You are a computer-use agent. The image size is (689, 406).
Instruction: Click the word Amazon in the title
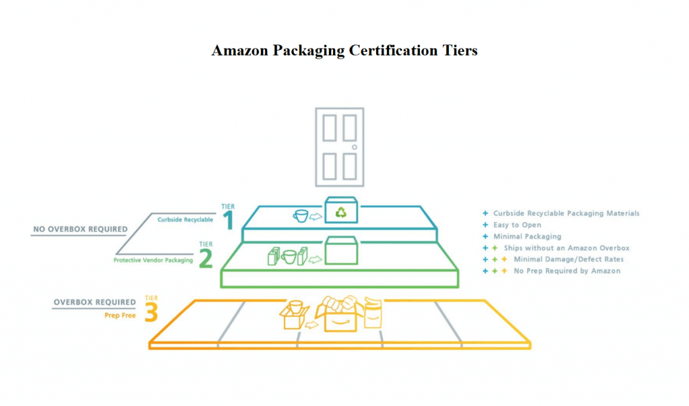[240, 50]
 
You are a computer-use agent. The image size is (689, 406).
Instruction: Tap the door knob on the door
[354, 147]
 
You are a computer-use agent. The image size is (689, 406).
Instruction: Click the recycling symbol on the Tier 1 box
[341, 213]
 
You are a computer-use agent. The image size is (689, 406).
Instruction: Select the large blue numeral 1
[228, 220]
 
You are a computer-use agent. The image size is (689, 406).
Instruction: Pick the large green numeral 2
[206, 258]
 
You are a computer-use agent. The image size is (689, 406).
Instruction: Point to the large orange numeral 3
[151, 312]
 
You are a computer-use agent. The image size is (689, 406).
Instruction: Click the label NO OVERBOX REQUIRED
[81, 229]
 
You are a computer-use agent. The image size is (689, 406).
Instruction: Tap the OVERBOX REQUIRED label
[95, 302]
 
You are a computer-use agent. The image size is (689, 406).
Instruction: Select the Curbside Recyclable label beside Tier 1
[186, 219]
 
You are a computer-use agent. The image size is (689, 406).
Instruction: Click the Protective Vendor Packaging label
[153, 260]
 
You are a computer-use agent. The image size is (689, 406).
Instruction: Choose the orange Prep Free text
[120, 315]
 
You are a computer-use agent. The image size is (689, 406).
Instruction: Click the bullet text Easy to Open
[517, 225]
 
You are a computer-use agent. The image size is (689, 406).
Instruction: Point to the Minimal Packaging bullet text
[528, 236]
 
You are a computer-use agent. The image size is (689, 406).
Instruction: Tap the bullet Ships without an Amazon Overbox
[567, 248]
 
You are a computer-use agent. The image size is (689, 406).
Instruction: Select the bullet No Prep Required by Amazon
[567, 271]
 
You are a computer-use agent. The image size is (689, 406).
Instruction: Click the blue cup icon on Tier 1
[301, 215]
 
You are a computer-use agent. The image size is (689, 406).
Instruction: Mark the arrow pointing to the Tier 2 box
[315, 259]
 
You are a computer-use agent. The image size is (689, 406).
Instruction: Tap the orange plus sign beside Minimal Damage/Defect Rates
[505, 259]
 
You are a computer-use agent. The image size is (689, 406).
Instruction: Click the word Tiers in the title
[460, 50]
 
